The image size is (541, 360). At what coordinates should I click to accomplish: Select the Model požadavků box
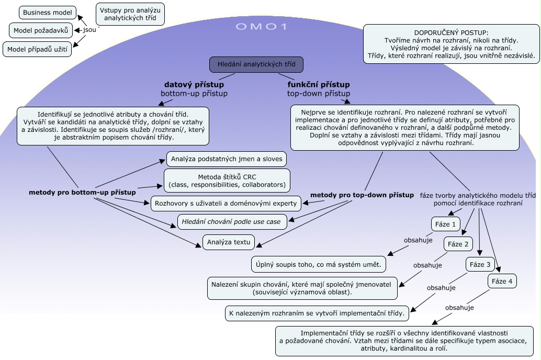(x=41, y=30)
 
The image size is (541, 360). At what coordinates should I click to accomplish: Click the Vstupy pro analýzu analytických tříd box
(x=130, y=14)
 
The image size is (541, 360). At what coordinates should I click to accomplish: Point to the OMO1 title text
(x=262, y=27)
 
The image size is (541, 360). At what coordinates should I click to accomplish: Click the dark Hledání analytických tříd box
(x=256, y=64)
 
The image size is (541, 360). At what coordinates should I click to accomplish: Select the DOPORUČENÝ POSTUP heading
(x=451, y=32)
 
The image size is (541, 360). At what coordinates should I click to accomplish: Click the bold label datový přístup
(x=194, y=84)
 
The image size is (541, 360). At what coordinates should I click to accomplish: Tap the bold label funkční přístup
(x=318, y=84)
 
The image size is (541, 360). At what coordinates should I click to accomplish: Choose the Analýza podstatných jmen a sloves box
(x=227, y=159)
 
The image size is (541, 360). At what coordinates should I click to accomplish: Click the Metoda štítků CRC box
(x=227, y=180)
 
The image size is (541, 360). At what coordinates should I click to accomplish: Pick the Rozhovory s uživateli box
(x=226, y=203)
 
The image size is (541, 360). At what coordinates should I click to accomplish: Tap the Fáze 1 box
(x=446, y=224)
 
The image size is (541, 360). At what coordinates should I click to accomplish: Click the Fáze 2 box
(x=458, y=244)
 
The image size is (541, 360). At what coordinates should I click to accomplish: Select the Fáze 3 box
(x=480, y=264)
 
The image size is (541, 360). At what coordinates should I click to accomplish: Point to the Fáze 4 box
(x=502, y=282)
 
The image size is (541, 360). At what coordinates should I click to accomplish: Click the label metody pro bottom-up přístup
(x=82, y=193)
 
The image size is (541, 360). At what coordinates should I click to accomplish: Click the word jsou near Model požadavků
(x=89, y=30)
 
